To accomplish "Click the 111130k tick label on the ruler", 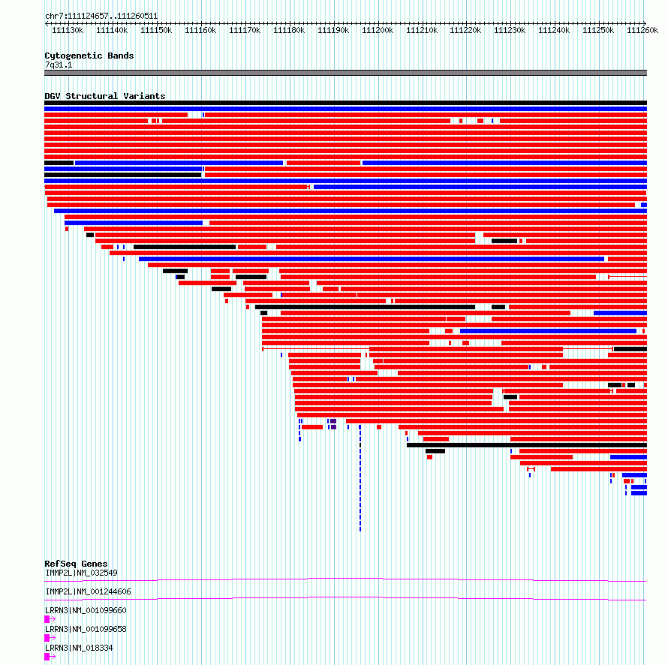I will [68, 31].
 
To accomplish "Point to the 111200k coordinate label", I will [377, 31].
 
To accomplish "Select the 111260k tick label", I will [642, 31].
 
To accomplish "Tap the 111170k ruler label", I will [244, 31].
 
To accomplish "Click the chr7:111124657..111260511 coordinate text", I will [101, 16].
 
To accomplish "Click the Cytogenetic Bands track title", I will [89, 56].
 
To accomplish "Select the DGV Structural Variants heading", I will [105, 96].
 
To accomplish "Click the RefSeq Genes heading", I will [76, 564].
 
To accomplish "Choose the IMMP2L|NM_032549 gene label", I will [81, 573].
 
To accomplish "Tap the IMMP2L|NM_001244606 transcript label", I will [88, 591].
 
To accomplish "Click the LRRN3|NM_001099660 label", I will [86, 610].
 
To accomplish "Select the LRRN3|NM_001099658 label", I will [86, 629].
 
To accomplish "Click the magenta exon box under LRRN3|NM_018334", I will [47, 657].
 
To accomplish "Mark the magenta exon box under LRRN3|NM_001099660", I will [47, 619].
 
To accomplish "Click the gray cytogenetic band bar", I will [345, 73].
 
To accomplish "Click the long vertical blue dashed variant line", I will [360, 480].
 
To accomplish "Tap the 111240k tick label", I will [554, 31].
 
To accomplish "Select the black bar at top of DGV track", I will [345, 103].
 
